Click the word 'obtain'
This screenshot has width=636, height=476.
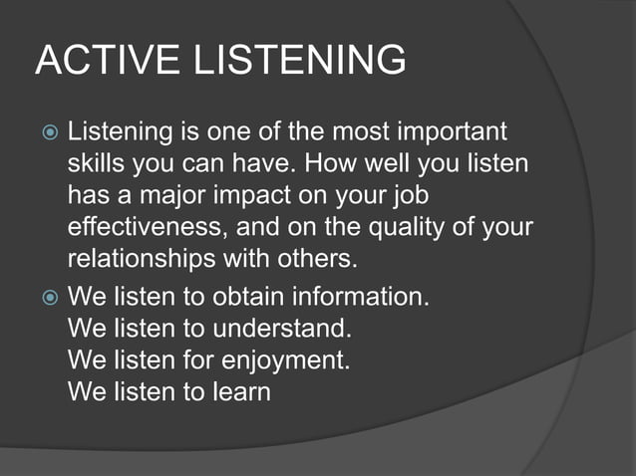240,297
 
